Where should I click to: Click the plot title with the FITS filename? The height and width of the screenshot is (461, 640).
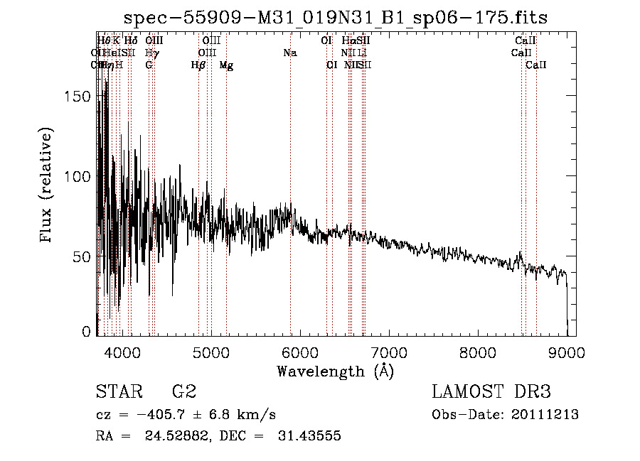click(x=335, y=18)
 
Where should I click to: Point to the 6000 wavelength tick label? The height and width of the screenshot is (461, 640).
click(x=300, y=352)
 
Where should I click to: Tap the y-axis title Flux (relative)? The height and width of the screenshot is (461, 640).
click(x=48, y=186)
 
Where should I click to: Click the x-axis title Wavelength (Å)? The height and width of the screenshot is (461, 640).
click(x=335, y=371)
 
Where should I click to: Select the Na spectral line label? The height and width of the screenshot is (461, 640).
click(x=289, y=53)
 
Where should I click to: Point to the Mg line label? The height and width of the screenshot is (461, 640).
click(x=226, y=65)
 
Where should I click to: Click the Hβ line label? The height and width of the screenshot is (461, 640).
click(x=198, y=65)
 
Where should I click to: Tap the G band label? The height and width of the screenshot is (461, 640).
click(x=149, y=65)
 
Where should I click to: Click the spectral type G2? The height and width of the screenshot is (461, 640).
click(x=184, y=392)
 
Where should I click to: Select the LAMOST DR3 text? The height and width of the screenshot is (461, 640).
click(x=491, y=392)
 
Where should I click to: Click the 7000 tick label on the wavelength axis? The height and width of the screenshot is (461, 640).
click(x=389, y=352)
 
